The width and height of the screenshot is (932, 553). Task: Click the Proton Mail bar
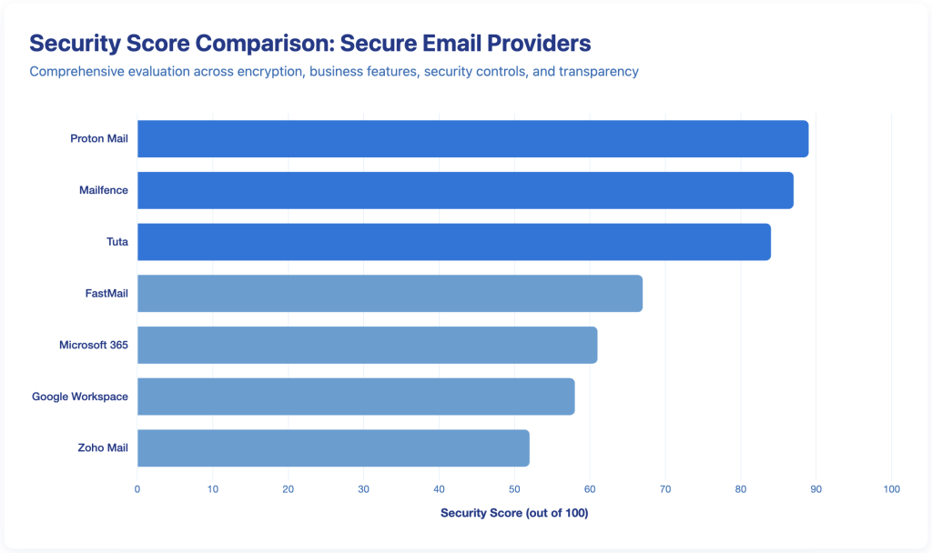point(472,138)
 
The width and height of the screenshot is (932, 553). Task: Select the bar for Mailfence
point(465,190)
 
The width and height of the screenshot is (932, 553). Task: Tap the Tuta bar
point(453,241)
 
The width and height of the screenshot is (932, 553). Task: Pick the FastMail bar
point(390,293)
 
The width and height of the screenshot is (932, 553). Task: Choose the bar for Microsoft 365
point(367,345)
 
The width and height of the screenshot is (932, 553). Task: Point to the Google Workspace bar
point(356,397)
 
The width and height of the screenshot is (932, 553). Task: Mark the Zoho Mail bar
point(333,448)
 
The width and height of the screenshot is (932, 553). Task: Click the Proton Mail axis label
point(99,139)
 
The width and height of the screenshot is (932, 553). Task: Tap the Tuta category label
point(117,242)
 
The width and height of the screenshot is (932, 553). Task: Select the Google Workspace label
point(80,397)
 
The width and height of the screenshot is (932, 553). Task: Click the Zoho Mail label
point(102,448)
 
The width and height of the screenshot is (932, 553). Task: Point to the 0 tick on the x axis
point(137,489)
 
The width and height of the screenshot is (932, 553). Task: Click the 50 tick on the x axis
point(514,489)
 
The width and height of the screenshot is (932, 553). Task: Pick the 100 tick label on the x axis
point(891,489)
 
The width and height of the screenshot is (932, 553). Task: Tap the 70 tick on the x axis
point(665,489)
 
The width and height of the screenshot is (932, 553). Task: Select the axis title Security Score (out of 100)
point(514,513)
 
